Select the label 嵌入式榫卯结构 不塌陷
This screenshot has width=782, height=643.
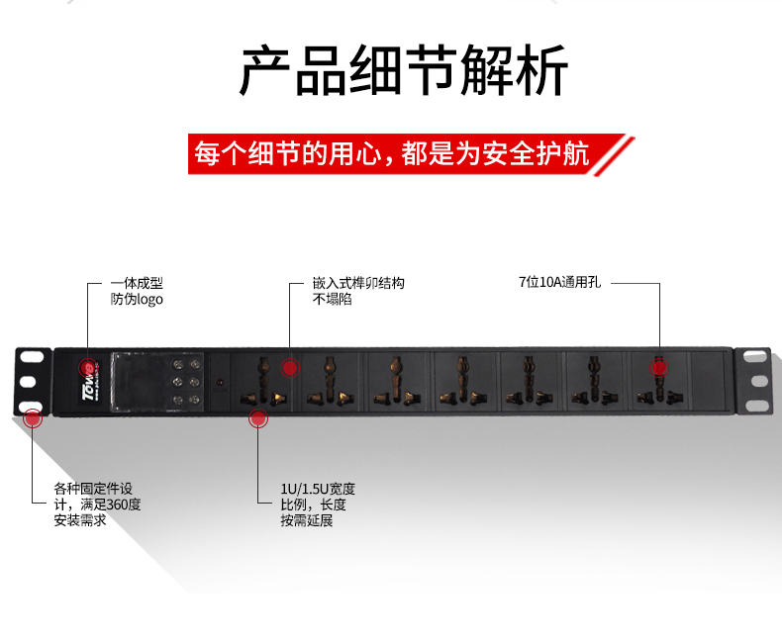click(358, 291)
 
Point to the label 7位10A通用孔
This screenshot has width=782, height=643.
click(559, 282)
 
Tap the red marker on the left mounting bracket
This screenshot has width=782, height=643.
click(33, 417)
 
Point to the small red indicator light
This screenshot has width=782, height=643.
click(220, 382)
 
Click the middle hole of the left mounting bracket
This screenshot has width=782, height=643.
click(28, 381)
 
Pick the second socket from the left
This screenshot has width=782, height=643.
click(327, 381)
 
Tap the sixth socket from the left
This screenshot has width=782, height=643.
click(591, 381)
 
